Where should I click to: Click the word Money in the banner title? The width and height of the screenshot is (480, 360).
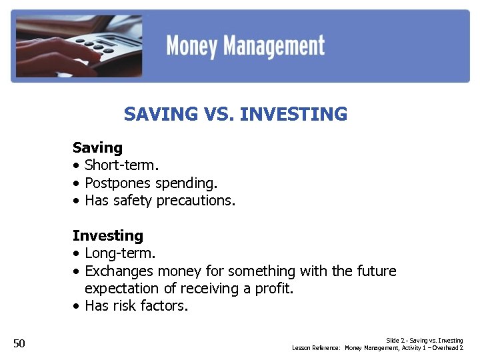[x=193, y=46]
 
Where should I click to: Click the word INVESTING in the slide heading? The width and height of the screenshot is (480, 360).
[x=293, y=115]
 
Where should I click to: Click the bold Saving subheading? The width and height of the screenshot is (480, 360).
[x=97, y=148]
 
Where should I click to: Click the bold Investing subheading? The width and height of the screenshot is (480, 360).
[x=107, y=236]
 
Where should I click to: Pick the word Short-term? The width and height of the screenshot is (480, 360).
[x=121, y=165]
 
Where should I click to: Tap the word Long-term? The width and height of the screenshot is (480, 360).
[x=120, y=253]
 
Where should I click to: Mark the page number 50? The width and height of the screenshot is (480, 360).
[x=19, y=343]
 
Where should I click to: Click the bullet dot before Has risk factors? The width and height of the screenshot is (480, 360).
[x=77, y=307]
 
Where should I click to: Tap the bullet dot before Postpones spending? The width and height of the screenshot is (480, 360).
[x=77, y=183]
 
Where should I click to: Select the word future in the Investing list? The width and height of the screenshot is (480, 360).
[x=377, y=271]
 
